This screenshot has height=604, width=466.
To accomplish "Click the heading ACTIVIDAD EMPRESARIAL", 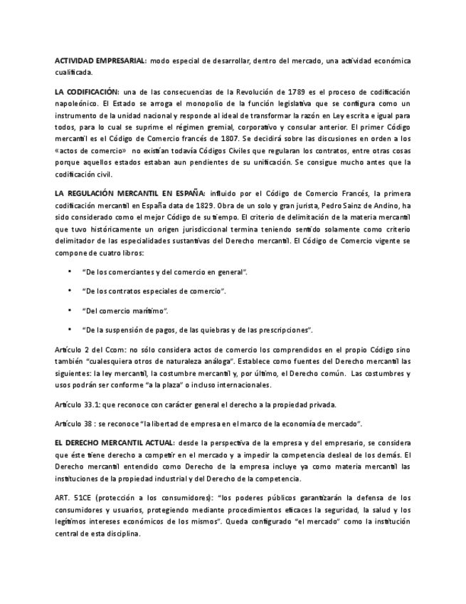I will (100, 61).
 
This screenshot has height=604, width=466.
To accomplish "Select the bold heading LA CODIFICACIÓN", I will (86, 93).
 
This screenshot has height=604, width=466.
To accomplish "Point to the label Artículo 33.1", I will (78, 405).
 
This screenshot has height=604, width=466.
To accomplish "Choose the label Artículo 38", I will (74, 424).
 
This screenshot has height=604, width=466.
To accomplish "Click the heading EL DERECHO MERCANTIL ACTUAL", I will (115, 443).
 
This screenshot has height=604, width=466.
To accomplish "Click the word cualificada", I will (73, 72).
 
